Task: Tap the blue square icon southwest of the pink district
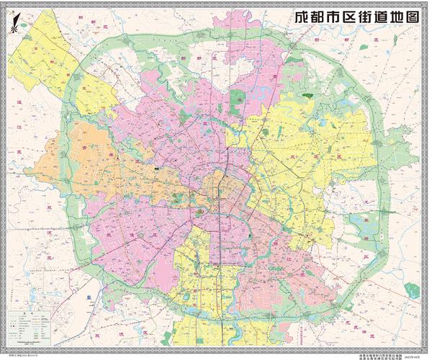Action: coord(86,296)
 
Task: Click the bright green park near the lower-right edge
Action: coord(411,291)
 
